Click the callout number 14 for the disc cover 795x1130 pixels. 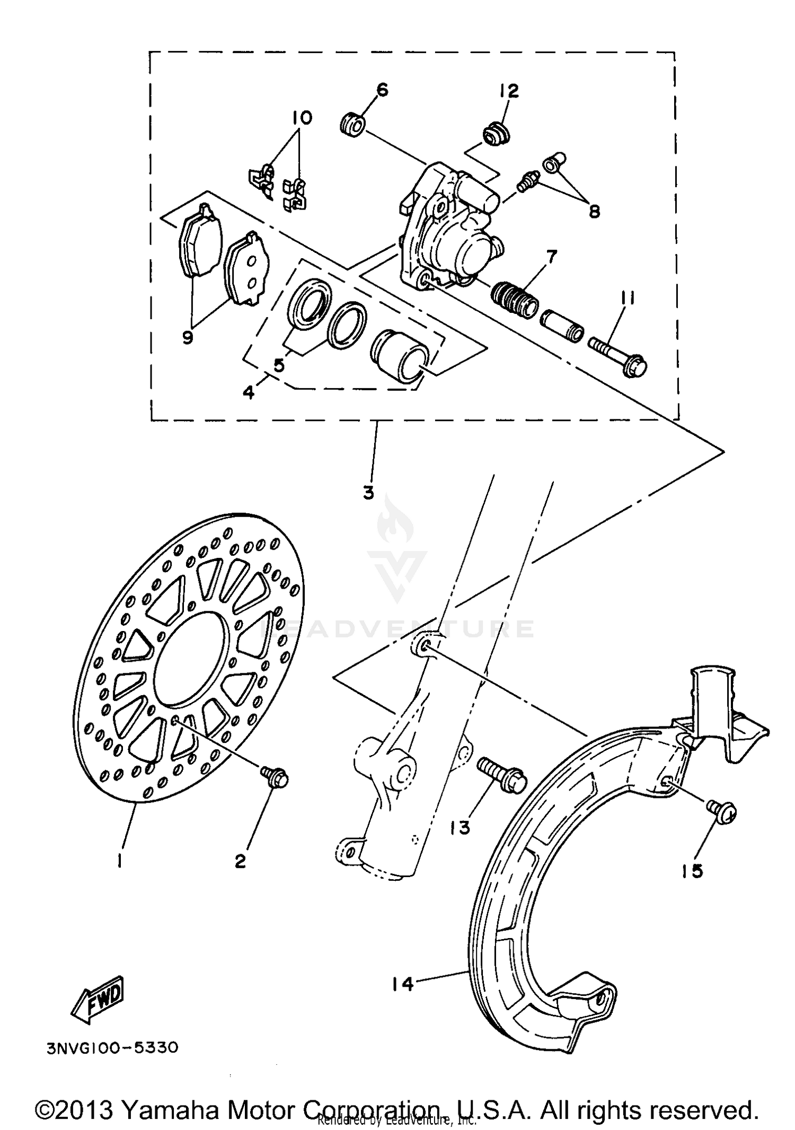tap(402, 984)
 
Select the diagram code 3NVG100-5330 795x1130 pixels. tap(112, 1048)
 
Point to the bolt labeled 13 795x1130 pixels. tap(501, 775)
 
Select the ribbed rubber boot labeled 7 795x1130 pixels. tap(515, 300)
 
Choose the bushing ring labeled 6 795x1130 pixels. tap(352, 126)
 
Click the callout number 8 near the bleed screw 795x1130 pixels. tap(594, 212)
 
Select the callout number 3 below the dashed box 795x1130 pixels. tap(369, 493)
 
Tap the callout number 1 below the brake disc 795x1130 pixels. tap(121, 862)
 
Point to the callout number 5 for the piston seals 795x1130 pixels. tap(279, 365)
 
